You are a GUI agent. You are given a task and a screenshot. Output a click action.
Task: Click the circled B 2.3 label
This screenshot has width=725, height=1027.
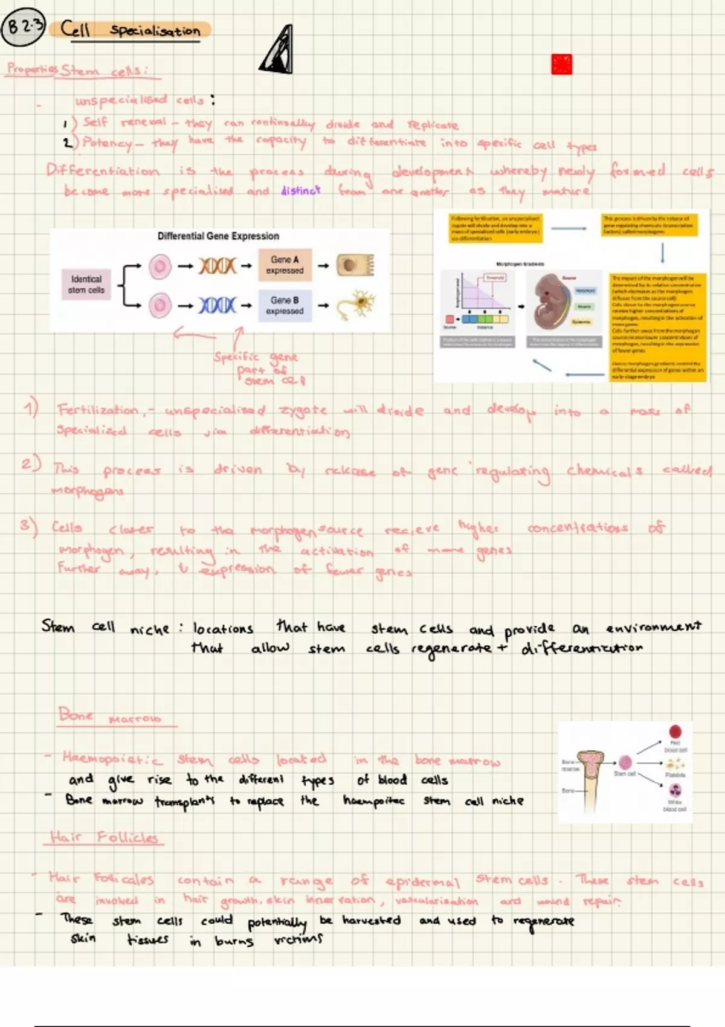point(24,28)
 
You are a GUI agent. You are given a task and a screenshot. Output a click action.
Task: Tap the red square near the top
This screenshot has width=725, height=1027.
point(561,64)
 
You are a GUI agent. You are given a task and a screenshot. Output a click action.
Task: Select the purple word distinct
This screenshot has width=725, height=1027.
point(300,191)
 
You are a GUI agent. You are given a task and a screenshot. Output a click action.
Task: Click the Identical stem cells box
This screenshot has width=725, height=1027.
point(86,285)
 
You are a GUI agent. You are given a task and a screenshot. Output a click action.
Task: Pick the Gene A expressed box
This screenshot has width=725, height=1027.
point(285,265)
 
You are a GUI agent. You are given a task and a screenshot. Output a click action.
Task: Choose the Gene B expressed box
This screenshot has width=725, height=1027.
point(285,306)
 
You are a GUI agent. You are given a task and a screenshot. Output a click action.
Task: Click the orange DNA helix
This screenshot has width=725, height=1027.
point(217,265)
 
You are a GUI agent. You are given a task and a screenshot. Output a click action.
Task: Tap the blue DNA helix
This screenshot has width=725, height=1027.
point(217,306)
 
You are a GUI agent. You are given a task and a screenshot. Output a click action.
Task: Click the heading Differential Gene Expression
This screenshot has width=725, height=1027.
point(218,236)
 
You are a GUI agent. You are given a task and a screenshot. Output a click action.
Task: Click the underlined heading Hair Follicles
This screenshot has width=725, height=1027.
point(105,837)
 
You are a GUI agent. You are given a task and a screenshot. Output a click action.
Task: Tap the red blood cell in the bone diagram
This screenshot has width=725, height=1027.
point(675,732)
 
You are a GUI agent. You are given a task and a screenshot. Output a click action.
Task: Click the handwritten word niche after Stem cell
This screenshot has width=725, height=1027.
point(150,629)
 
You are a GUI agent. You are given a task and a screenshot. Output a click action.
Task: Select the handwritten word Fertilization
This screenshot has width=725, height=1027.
point(97,410)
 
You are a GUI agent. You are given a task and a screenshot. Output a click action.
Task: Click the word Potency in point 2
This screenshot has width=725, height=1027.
point(107,143)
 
